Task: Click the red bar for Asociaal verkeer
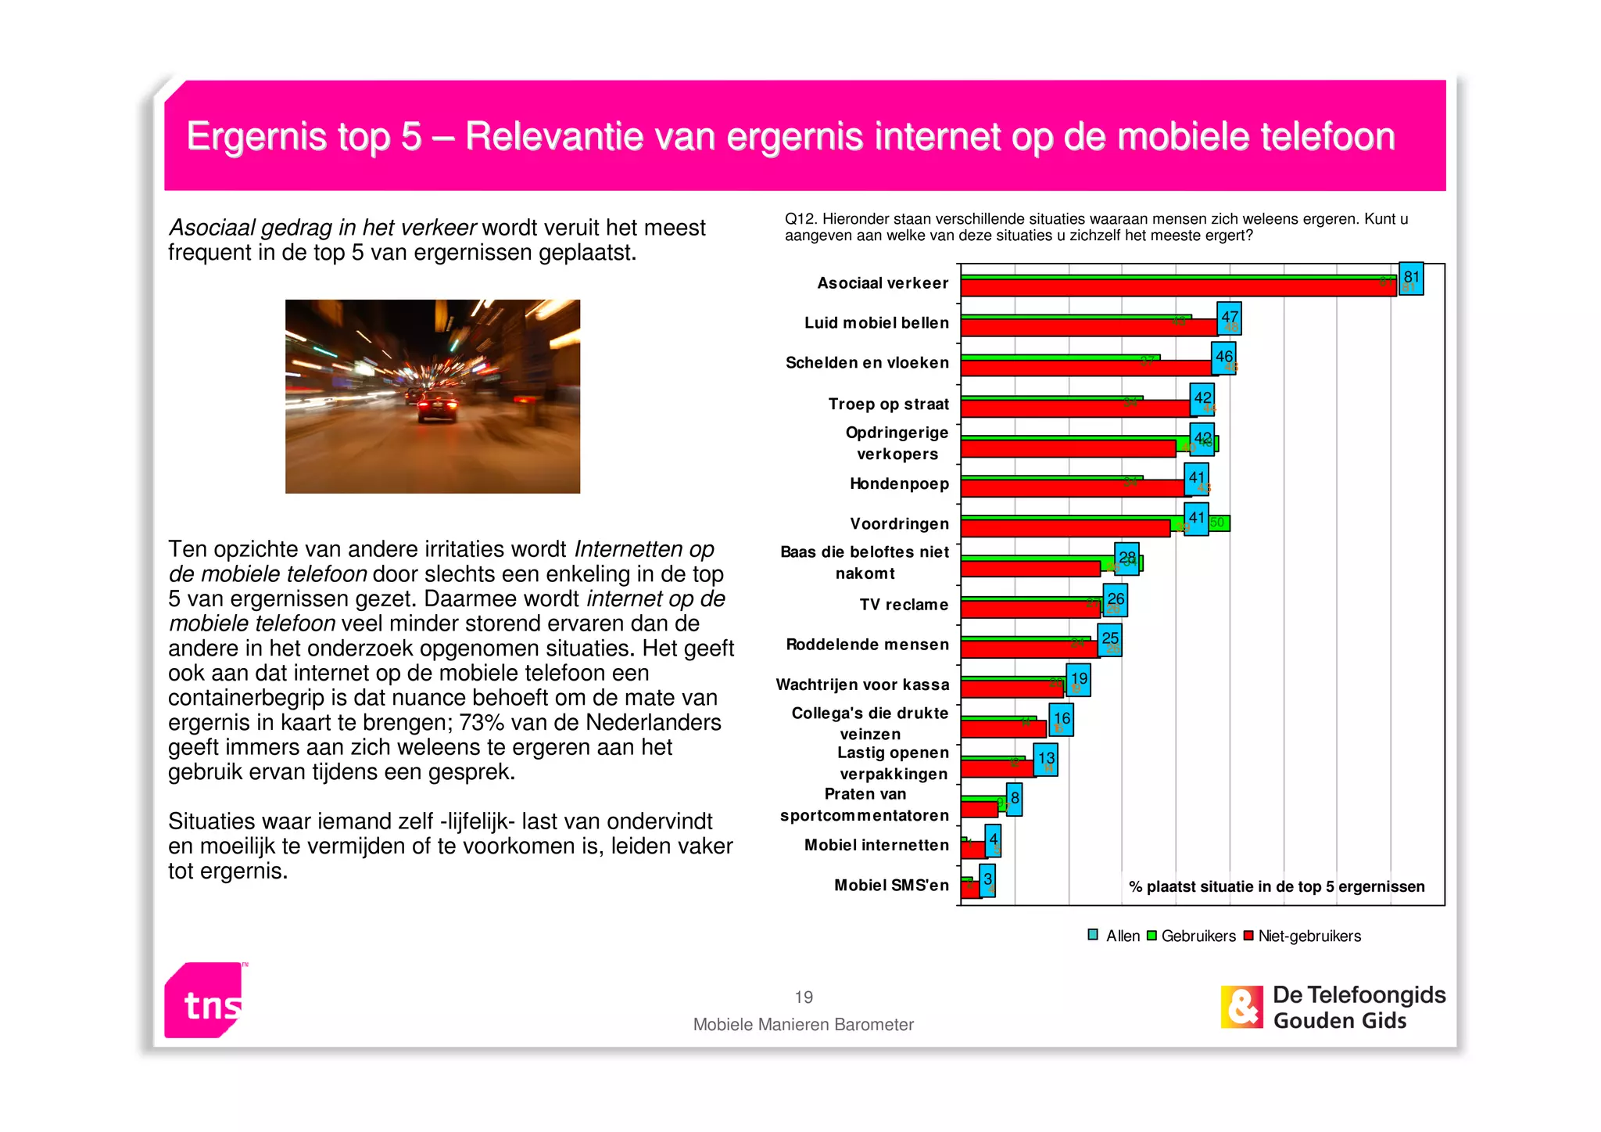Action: (x=1173, y=288)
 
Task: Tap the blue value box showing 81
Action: (x=1411, y=279)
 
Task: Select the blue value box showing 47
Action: (x=1229, y=318)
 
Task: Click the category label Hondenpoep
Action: (x=899, y=484)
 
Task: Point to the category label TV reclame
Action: (x=904, y=605)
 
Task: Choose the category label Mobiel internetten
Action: (x=876, y=845)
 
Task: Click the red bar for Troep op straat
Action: (x=1075, y=408)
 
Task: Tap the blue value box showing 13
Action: (x=1046, y=759)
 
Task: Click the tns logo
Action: (x=205, y=1001)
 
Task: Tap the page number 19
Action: (x=804, y=997)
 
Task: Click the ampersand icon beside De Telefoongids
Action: (x=1241, y=1007)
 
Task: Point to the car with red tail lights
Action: (x=436, y=407)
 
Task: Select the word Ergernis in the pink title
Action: (x=256, y=136)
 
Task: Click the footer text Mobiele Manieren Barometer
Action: (x=803, y=1025)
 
